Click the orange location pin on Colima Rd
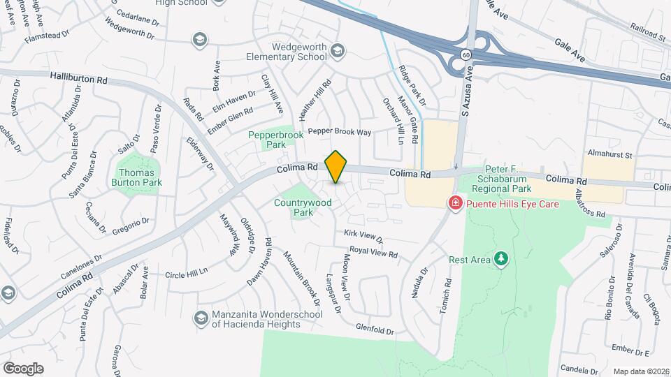(x=336, y=166)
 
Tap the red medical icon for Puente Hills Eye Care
(x=455, y=202)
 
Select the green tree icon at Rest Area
(x=500, y=259)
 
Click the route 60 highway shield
(x=466, y=54)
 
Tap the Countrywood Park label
(x=303, y=207)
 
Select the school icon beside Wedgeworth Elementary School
(x=338, y=50)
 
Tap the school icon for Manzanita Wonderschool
(x=201, y=318)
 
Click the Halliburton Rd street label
(x=78, y=79)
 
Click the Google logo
(x=23, y=368)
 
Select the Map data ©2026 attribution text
(x=640, y=371)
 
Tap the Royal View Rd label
(x=373, y=252)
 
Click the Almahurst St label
(x=609, y=154)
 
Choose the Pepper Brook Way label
(x=340, y=131)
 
